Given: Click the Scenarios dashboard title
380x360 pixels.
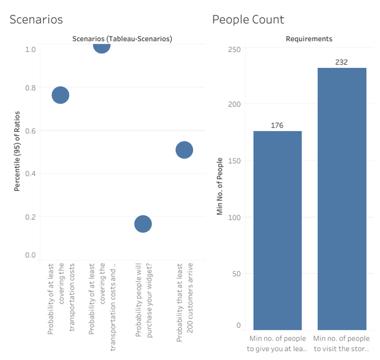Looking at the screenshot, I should pos(36,19).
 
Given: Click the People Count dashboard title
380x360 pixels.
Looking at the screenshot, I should pos(248,19).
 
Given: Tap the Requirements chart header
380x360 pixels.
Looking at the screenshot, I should pos(309,39).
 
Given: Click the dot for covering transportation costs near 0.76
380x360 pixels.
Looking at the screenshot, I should pos(60,95).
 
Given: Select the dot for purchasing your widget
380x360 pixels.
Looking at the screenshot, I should pos(143,224).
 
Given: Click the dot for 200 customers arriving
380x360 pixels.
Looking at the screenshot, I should pos(184,150).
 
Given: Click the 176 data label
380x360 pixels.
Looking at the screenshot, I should pos(277,125).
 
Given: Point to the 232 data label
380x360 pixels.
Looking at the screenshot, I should pos(342,62).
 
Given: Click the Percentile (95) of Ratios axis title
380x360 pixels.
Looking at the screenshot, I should pos(18,151).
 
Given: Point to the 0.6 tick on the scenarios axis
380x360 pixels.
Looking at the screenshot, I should pos(30,131).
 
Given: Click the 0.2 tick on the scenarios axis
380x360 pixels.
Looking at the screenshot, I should pos(30,217).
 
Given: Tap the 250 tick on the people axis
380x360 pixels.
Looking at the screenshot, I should pos(234,49).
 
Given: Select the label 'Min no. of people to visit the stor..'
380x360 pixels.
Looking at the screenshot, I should pos(342,344).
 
